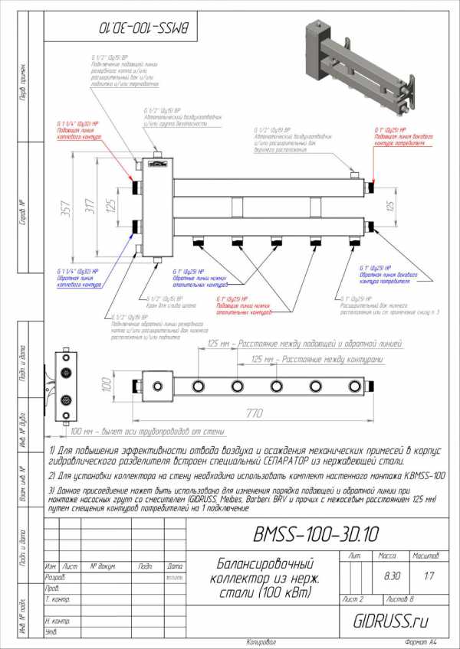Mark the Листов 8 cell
coord(405,598)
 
